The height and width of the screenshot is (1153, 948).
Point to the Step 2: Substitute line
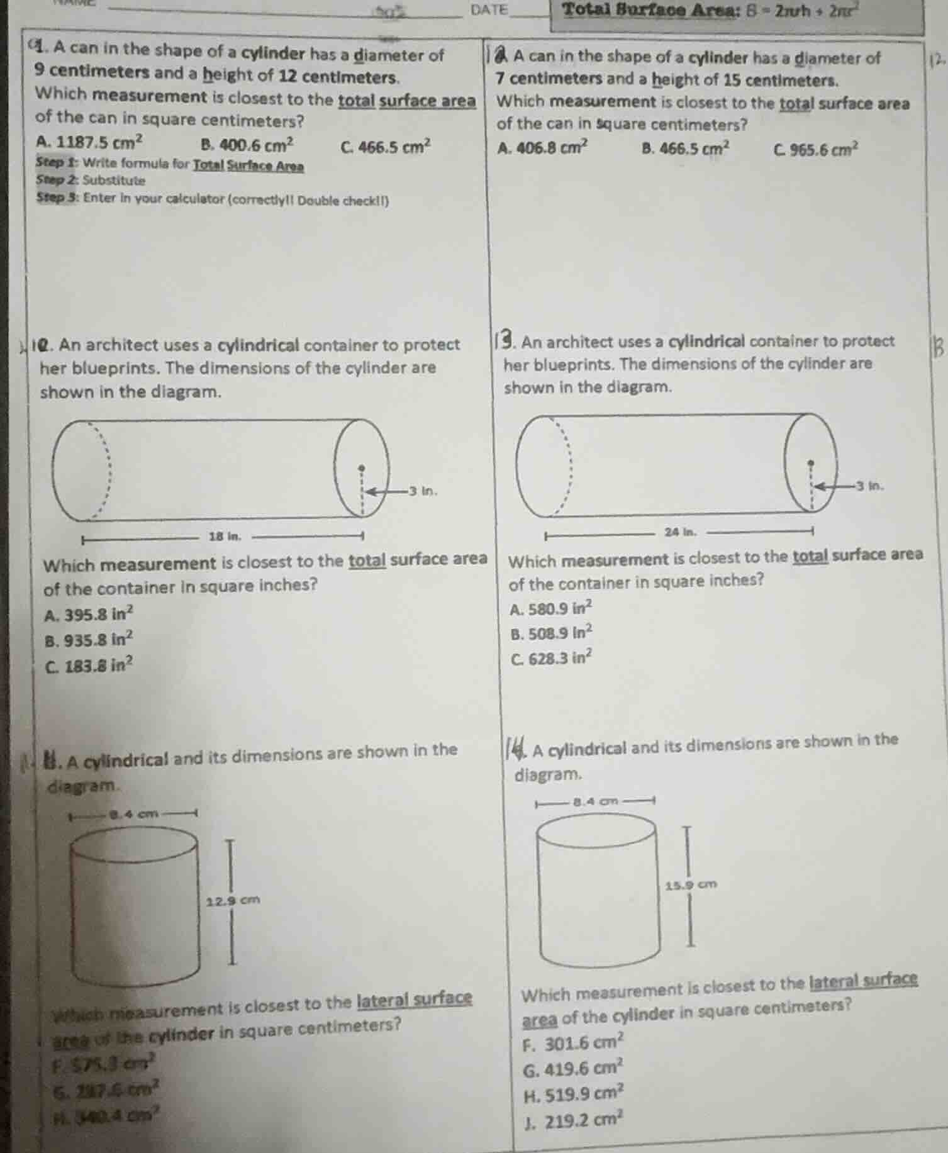click(x=91, y=181)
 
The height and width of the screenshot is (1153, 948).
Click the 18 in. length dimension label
click(x=225, y=537)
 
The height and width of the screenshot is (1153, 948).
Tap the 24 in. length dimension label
click(x=681, y=532)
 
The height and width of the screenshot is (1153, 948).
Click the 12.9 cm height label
click(x=233, y=900)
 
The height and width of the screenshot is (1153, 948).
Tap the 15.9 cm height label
click(x=691, y=884)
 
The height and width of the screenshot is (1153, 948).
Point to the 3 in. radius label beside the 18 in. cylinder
click(x=423, y=491)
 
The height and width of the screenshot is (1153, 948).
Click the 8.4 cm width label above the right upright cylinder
click(x=594, y=801)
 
